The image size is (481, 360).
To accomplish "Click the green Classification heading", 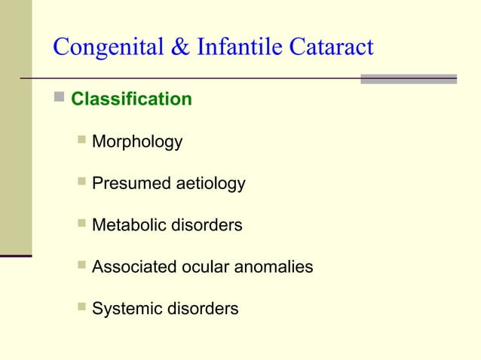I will tap(131, 99).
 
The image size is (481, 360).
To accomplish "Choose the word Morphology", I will tap(136, 142).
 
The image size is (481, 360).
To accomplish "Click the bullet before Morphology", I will tap(81, 141).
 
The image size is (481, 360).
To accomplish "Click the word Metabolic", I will tap(125, 225).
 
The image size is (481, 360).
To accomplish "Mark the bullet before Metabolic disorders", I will tap(81, 224).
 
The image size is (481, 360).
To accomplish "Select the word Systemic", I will tap(124, 309).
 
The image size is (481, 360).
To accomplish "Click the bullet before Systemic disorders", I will tap(81, 308).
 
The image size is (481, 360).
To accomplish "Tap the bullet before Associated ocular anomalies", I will tap(81, 266).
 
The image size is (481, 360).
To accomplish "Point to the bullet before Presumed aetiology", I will tap(81, 183).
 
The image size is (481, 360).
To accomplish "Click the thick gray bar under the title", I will tap(408, 78).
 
